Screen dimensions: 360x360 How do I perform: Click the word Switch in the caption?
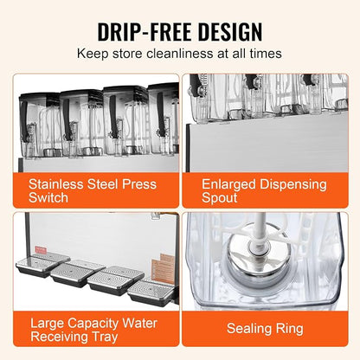click(48, 198)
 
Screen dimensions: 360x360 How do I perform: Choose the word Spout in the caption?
click(219, 198)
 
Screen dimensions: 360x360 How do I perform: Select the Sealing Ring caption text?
click(265, 329)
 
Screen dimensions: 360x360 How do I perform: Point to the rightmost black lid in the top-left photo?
click(164, 87)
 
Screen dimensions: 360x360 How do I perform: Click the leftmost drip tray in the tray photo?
click(42, 265)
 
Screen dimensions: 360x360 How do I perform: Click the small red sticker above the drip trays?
click(41, 250)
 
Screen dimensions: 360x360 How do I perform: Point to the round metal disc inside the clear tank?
click(255, 253)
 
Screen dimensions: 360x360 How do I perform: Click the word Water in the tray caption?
click(139, 324)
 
